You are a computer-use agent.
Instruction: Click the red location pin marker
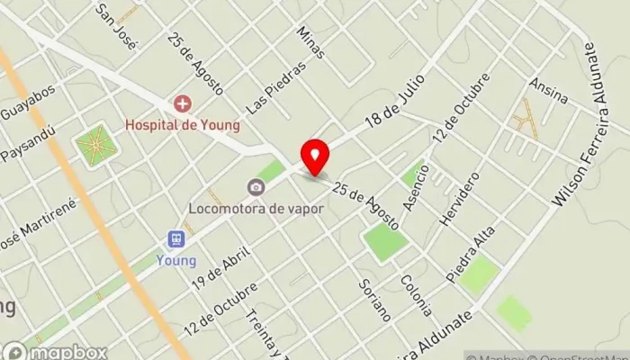pyautogui.click(x=314, y=157)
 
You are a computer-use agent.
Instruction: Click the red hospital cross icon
pyautogui.click(x=182, y=104)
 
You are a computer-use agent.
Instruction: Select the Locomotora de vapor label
pyautogui.click(x=256, y=206)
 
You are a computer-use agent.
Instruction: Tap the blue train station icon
pyautogui.click(x=176, y=239)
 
